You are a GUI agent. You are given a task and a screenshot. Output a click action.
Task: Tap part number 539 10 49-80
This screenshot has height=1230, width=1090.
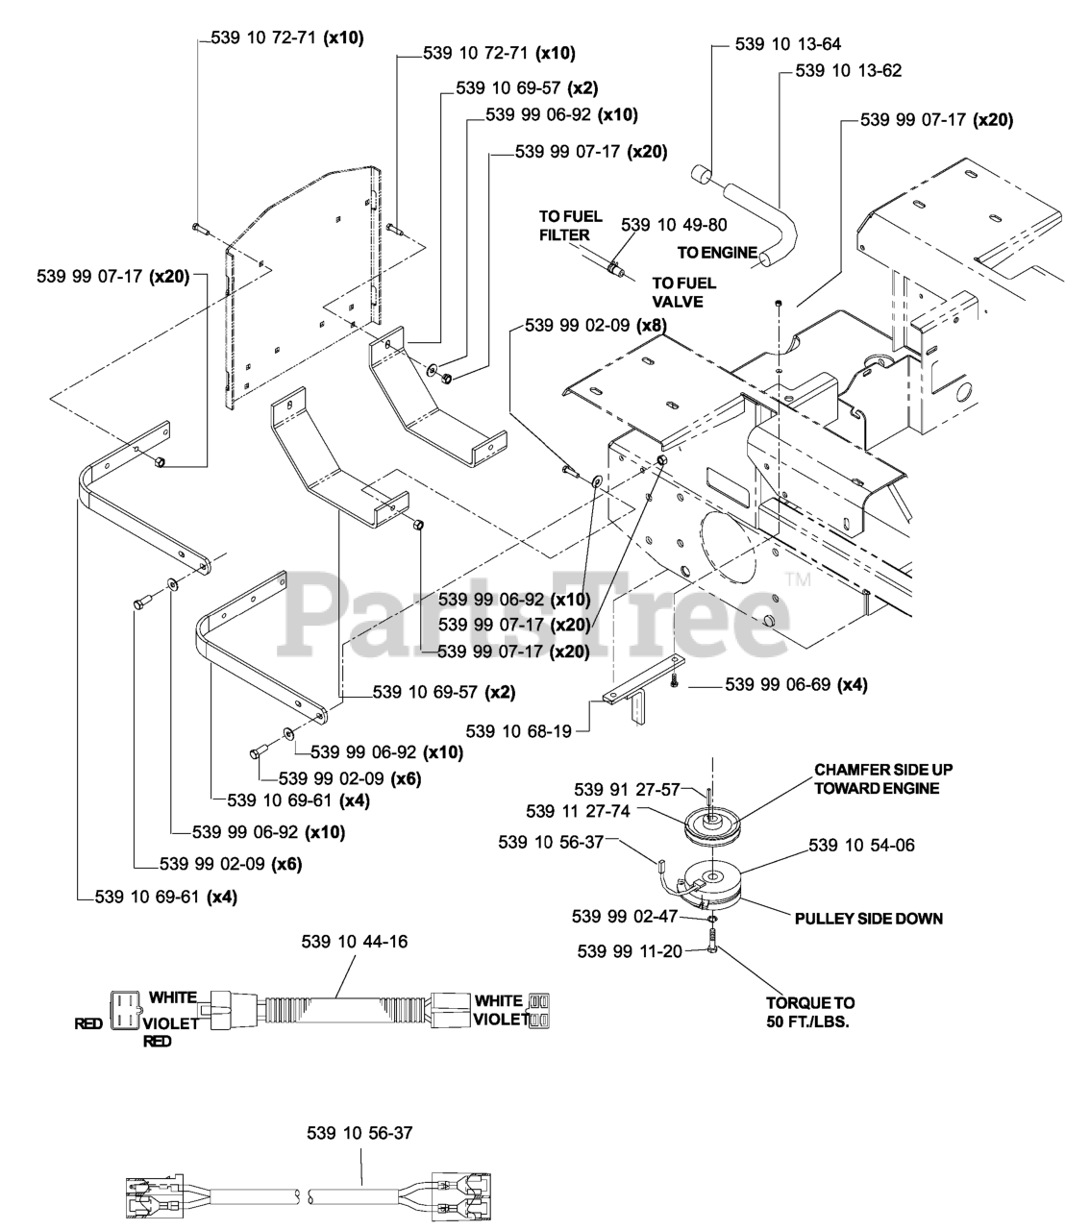click(674, 225)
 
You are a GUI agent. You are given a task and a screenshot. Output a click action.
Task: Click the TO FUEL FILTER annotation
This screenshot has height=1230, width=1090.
click(564, 226)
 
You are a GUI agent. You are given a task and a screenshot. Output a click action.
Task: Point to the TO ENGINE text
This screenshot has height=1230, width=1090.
click(716, 254)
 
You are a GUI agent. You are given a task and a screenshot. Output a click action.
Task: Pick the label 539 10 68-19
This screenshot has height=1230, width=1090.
click(518, 731)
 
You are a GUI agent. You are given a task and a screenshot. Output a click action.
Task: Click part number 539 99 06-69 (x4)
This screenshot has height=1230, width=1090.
click(796, 684)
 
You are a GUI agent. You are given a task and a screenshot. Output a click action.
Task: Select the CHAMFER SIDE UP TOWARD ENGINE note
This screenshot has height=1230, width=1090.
click(877, 779)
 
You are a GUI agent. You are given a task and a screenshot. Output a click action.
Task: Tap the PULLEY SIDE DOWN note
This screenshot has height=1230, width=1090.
click(869, 919)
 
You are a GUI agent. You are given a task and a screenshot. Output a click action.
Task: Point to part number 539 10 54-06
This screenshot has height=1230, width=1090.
click(862, 846)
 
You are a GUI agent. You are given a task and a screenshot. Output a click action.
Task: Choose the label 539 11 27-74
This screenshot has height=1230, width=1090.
click(579, 811)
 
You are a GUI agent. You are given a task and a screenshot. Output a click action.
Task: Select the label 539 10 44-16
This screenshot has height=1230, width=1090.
click(355, 942)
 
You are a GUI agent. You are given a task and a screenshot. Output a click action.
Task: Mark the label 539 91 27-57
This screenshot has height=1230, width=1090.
click(640, 789)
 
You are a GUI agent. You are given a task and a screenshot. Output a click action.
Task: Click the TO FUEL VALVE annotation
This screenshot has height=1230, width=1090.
click(683, 292)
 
